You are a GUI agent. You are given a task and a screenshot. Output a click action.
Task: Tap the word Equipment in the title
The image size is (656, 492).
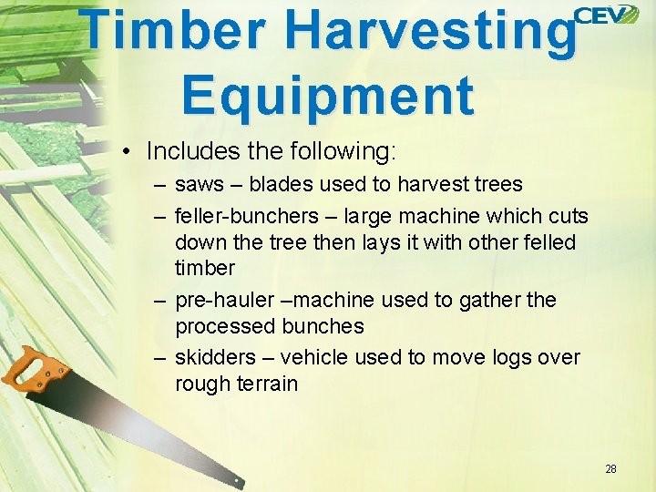[328, 95]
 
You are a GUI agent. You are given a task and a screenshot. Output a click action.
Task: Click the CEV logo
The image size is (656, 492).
[606, 15]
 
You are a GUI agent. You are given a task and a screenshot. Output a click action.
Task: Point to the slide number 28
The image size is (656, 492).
[610, 469]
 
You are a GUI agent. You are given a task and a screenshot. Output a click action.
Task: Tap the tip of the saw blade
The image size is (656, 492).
[239, 481]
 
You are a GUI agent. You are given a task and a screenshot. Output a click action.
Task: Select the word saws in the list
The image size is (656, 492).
[199, 184]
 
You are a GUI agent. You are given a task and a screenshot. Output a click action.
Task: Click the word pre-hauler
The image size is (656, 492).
[221, 300]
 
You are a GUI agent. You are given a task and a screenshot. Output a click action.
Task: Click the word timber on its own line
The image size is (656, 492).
[204, 268]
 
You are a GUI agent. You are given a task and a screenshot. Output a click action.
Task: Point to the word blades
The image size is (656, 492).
[279, 184]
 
